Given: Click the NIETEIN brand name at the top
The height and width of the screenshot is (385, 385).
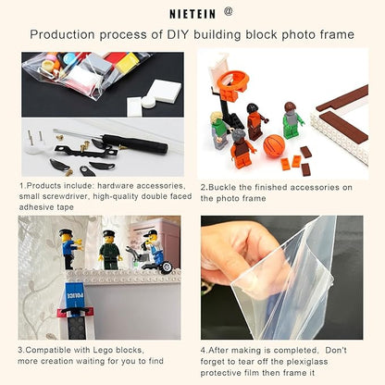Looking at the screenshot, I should tap(192, 14).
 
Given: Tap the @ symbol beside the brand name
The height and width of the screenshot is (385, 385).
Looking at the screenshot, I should tap(229, 12).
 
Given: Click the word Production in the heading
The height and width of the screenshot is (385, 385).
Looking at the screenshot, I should tap(61, 34).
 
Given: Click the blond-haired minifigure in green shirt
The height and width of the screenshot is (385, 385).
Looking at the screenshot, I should tap(219, 129).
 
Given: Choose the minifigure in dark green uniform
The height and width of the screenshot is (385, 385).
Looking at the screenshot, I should tap(109, 249).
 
